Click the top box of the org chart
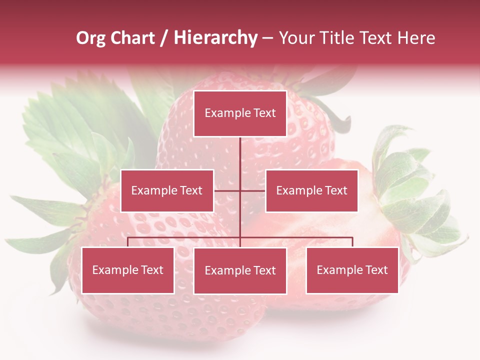pyautogui.click(x=240, y=113)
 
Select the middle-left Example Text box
pyautogui.click(x=167, y=190)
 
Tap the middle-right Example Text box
pyautogui.click(x=311, y=190)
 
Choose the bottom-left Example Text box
pyautogui.click(x=128, y=270)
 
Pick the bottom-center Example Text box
pyautogui.click(x=240, y=270)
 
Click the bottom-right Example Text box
pyautogui.click(x=352, y=270)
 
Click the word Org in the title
pyautogui.click(x=90, y=38)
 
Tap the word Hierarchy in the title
pyautogui.click(x=215, y=38)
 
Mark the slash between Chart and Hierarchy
pyautogui.click(x=164, y=38)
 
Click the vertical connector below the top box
pyautogui.click(x=240, y=155)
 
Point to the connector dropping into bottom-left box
pyautogui.click(x=128, y=242)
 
